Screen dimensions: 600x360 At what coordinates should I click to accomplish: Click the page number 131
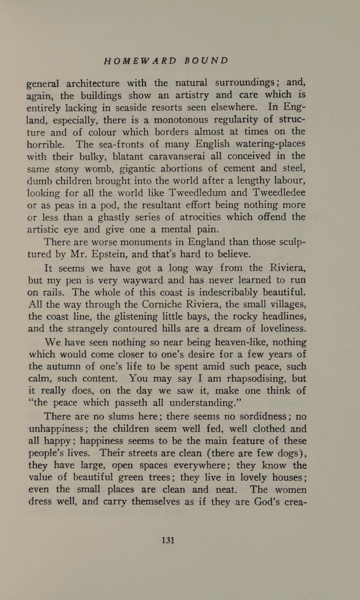click(x=168, y=540)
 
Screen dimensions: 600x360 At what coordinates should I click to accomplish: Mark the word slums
click(x=137, y=417)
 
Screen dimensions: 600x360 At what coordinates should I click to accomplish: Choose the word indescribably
click(x=222, y=292)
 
